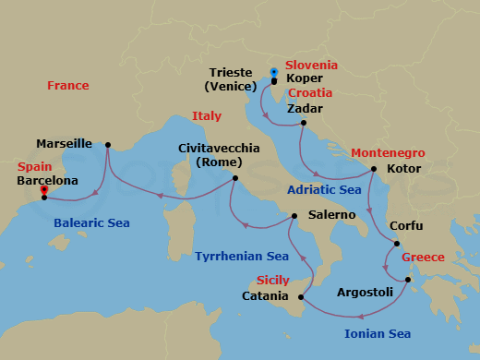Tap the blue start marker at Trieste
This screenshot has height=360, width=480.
click(273, 72)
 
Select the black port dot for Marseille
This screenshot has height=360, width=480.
click(108, 144)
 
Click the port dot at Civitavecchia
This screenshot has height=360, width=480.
click(235, 178)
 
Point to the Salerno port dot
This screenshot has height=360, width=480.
click(294, 215)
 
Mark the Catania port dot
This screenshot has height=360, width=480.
click(302, 297)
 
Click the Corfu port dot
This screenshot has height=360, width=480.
click(397, 244)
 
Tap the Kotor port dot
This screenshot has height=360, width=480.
click(374, 169)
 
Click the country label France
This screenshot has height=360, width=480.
click(68, 86)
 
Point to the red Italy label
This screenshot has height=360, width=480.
click(207, 115)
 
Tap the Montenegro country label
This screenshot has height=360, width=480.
click(388, 152)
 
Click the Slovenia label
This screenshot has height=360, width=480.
click(311, 66)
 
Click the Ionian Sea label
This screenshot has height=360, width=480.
click(378, 333)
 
